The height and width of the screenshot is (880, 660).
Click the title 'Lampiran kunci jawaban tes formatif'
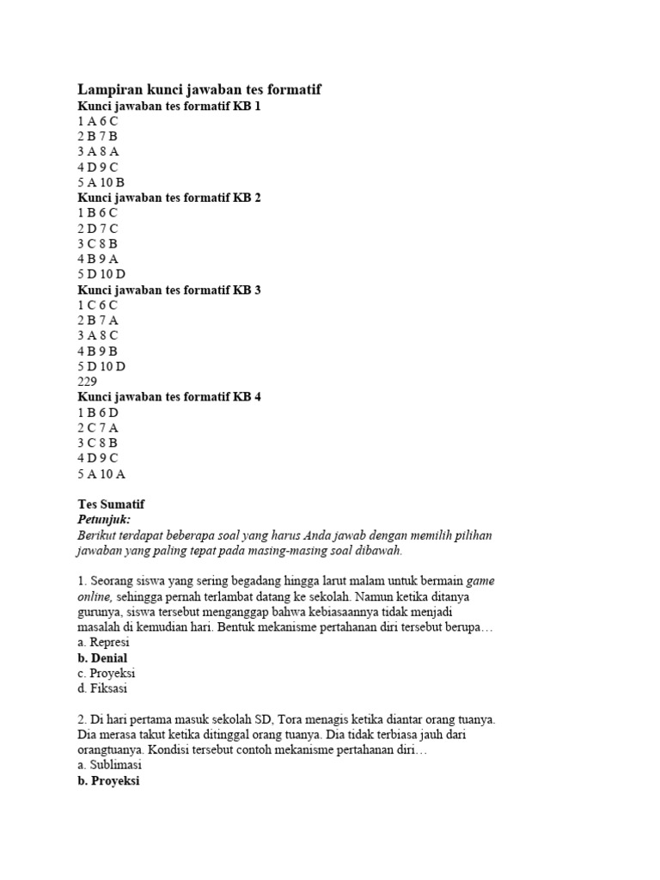tap(199, 89)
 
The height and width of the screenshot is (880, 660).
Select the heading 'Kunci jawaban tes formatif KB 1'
tap(168, 106)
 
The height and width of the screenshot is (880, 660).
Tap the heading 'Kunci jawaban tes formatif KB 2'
tap(168, 198)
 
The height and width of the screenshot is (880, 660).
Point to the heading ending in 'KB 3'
tap(168, 290)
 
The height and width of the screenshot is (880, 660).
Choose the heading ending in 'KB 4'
tap(168, 397)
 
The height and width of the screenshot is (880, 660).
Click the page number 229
tap(88, 382)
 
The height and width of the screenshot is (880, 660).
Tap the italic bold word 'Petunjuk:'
tap(103, 520)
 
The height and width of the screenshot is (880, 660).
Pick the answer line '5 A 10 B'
tap(101, 182)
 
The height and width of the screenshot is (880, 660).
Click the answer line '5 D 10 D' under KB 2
tap(101, 274)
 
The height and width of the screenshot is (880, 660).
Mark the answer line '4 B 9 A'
tap(98, 259)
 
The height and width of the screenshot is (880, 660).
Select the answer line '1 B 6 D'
tap(98, 412)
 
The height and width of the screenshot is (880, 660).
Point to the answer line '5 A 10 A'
tap(101, 474)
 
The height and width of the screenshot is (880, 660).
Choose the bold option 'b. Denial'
tap(102, 658)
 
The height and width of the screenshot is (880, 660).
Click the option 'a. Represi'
tap(103, 643)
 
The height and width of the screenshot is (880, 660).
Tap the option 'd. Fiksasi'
tap(102, 688)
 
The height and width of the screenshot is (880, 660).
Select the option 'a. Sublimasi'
tap(109, 765)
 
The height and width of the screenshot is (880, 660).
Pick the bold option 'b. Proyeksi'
tap(108, 780)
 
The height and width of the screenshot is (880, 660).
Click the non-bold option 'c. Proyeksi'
tap(106, 673)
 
